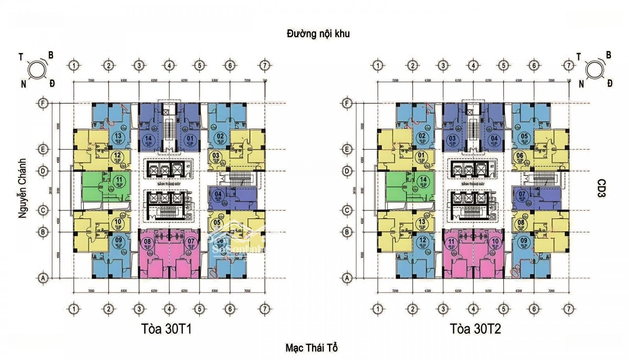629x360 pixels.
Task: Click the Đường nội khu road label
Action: pos(318,33)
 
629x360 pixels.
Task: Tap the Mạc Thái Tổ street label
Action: pos(312,348)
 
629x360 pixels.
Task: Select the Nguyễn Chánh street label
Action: pos(23,187)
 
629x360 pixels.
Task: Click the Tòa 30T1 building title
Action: pos(167,329)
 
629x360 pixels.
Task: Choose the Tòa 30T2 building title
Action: pos(475,329)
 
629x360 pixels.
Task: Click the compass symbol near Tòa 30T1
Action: pos(38,69)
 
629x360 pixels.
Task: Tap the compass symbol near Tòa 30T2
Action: pos(595,69)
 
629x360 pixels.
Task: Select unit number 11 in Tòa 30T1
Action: pos(119,180)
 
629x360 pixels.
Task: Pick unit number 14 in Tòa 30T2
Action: pos(423,180)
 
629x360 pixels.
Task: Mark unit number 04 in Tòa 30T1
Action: pos(219,195)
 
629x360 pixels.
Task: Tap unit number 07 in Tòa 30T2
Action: pos(522,195)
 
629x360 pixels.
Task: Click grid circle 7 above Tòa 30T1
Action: pos(264,65)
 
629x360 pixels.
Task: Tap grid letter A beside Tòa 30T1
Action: pos(43,278)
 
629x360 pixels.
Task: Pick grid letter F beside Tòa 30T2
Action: pos(348,103)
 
